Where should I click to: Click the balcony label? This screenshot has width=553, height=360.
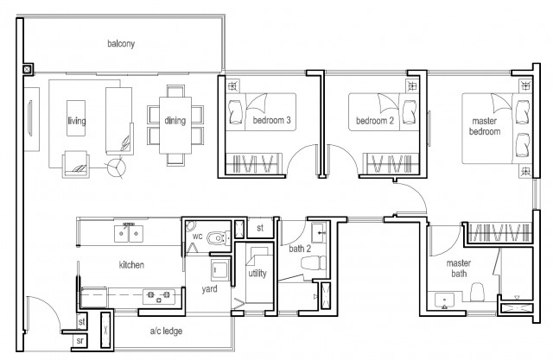tap(121, 44)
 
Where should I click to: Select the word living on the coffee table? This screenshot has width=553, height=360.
tap(77, 121)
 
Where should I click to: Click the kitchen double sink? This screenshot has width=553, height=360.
tap(129, 234)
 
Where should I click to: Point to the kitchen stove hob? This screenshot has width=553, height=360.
tap(159, 296)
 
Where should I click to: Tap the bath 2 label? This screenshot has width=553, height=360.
tap(300, 249)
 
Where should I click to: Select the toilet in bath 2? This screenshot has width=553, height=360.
tap(314, 263)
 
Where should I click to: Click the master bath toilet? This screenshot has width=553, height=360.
tap(478, 293)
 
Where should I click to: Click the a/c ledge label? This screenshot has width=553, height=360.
tap(166, 332)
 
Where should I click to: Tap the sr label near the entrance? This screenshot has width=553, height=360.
tap(80, 341)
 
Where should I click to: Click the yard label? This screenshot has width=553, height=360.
tap(209, 289)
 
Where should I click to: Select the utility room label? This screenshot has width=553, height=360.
tap(257, 273)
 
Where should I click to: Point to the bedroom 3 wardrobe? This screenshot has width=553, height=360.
tap(254, 163)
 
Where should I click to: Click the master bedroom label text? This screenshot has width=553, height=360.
tap(485, 126)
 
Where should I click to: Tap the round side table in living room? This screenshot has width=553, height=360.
tap(116, 167)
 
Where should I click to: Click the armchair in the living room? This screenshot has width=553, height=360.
tap(76, 164)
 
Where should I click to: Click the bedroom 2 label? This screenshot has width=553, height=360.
tap(374, 121)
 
